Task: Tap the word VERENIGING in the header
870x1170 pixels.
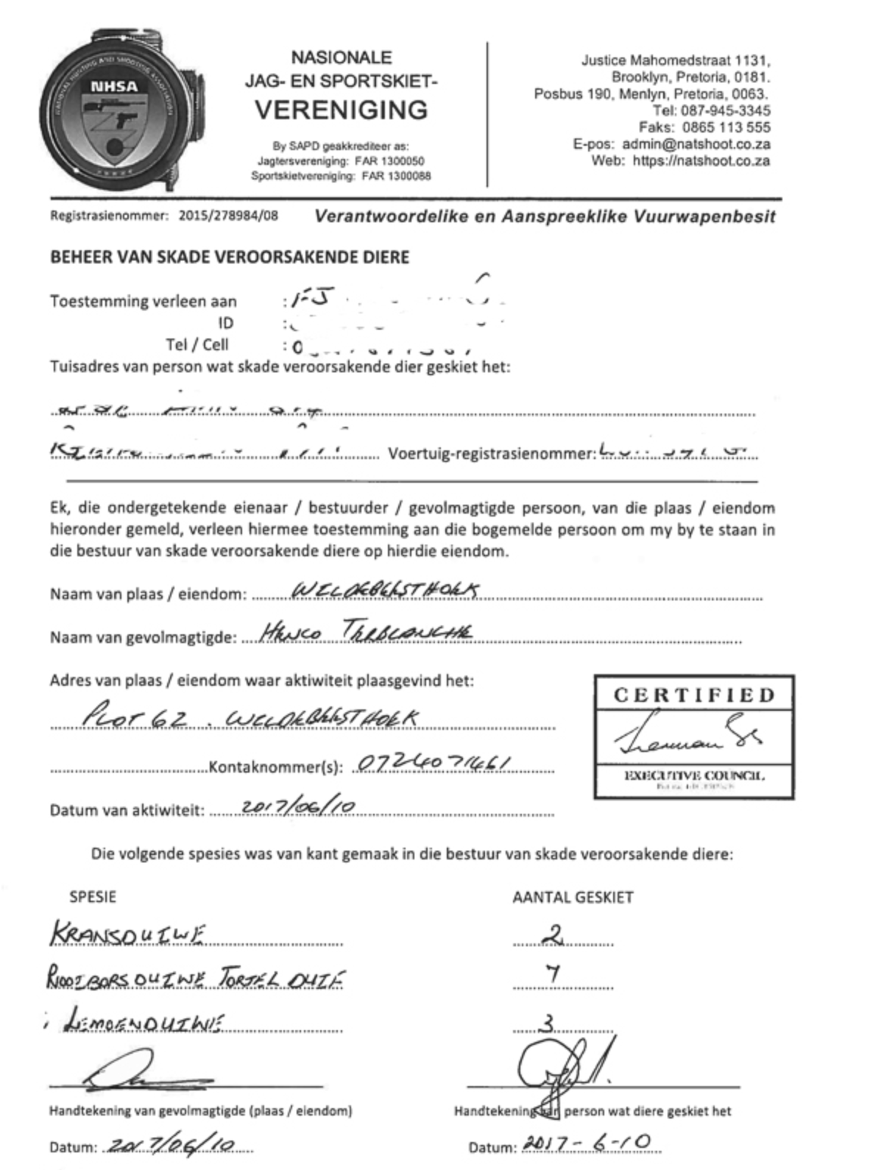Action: pos(341,110)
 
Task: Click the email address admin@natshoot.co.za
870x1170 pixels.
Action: pos(696,144)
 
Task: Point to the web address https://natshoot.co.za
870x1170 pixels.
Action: pos(701,160)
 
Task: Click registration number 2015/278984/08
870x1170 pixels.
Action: pos(228,216)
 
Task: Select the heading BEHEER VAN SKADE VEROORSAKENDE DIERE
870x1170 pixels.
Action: pos(230,257)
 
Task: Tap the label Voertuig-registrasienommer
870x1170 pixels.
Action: pos(491,453)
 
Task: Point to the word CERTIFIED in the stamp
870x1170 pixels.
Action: pos(694,695)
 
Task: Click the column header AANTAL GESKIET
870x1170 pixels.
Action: pos(573,897)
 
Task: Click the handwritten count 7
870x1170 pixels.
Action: pos(553,974)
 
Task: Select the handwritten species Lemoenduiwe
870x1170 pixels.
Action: pos(144,1021)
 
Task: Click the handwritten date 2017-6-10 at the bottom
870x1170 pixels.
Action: pos(587,1142)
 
